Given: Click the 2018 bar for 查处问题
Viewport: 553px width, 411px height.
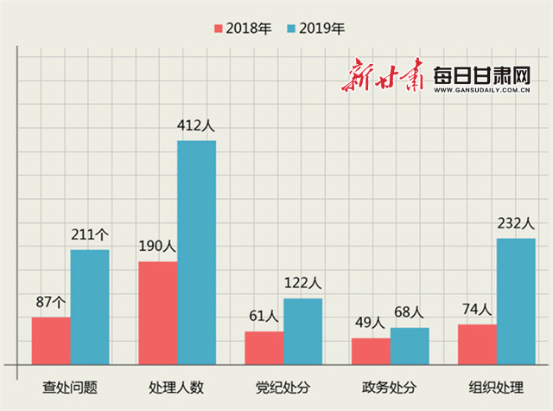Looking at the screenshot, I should pos(51,340).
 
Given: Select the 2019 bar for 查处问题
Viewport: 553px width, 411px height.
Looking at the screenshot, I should pos(90,306).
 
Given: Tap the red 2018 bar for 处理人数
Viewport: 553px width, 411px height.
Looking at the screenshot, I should pos(157,312).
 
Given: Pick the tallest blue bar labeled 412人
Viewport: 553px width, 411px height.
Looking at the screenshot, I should pos(196,252).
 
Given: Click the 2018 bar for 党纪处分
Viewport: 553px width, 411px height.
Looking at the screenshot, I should pos(264,347).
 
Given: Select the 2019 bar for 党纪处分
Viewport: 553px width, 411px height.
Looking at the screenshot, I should pos(302,331).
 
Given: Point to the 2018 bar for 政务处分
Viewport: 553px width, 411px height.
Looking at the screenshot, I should pos(370,350).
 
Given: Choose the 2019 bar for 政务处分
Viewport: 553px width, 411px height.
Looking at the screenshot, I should pos(409,345).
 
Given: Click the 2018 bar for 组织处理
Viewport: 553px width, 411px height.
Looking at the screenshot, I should pos(477,344).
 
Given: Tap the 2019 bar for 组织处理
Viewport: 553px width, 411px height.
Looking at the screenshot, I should pos(516,300).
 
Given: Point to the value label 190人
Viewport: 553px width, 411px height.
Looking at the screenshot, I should pos(156,246).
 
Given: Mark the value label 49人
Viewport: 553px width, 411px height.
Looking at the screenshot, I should pos(370,323).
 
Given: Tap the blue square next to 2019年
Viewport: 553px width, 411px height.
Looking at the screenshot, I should pos(291,29).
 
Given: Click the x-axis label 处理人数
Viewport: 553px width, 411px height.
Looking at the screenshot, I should pos(177,386).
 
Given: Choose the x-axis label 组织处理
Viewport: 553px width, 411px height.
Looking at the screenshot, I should pos(496,386).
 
